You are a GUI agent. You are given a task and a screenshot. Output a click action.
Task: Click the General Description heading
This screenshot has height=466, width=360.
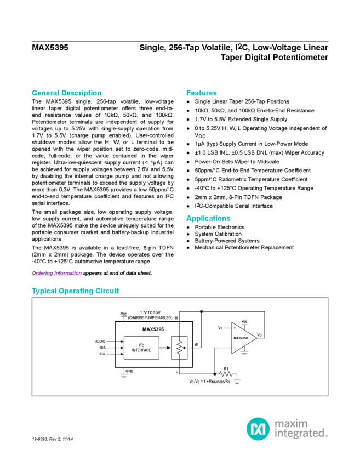tap(66, 93)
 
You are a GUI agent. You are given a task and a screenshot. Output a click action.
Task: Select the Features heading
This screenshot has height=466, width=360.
tap(201, 93)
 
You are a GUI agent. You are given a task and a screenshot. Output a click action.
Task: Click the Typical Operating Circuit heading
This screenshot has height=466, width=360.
tap(75, 291)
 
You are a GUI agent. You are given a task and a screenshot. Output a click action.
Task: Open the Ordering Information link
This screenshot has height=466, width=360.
tap(56, 273)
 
